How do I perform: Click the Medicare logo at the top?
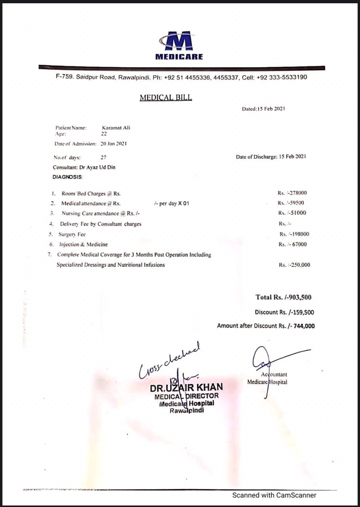(179, 45)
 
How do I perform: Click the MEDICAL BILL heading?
(166, 97)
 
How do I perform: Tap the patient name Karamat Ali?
(116, 128)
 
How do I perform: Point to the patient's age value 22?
(104, 134)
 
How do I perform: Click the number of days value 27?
(103, 157)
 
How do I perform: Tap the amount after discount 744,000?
(304, 326)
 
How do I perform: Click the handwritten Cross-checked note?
(170, 360)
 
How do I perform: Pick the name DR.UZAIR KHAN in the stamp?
(186, 387)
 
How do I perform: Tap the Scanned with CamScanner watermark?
(274, 495)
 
